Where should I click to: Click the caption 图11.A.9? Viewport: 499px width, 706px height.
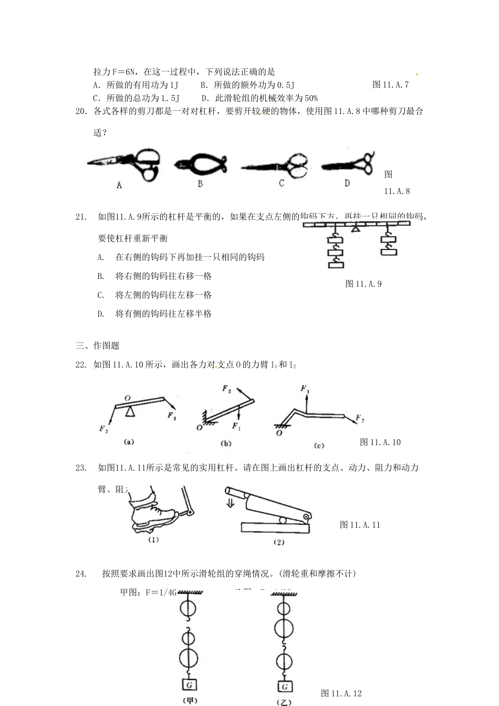tap(363, 284)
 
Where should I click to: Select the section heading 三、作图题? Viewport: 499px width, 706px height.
tap(98, 346)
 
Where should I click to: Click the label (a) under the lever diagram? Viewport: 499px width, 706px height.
tap(129, 442)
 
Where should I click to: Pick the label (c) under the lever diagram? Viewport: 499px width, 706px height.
tap(318, 445)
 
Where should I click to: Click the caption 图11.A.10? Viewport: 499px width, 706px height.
tap(380, 442)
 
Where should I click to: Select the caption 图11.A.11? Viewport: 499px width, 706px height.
tap(360, 525)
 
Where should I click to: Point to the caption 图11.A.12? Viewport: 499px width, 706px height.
tap(341, 693)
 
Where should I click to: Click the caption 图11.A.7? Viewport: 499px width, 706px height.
tap(390, 85)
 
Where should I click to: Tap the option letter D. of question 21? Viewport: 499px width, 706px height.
tap(101, 314)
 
